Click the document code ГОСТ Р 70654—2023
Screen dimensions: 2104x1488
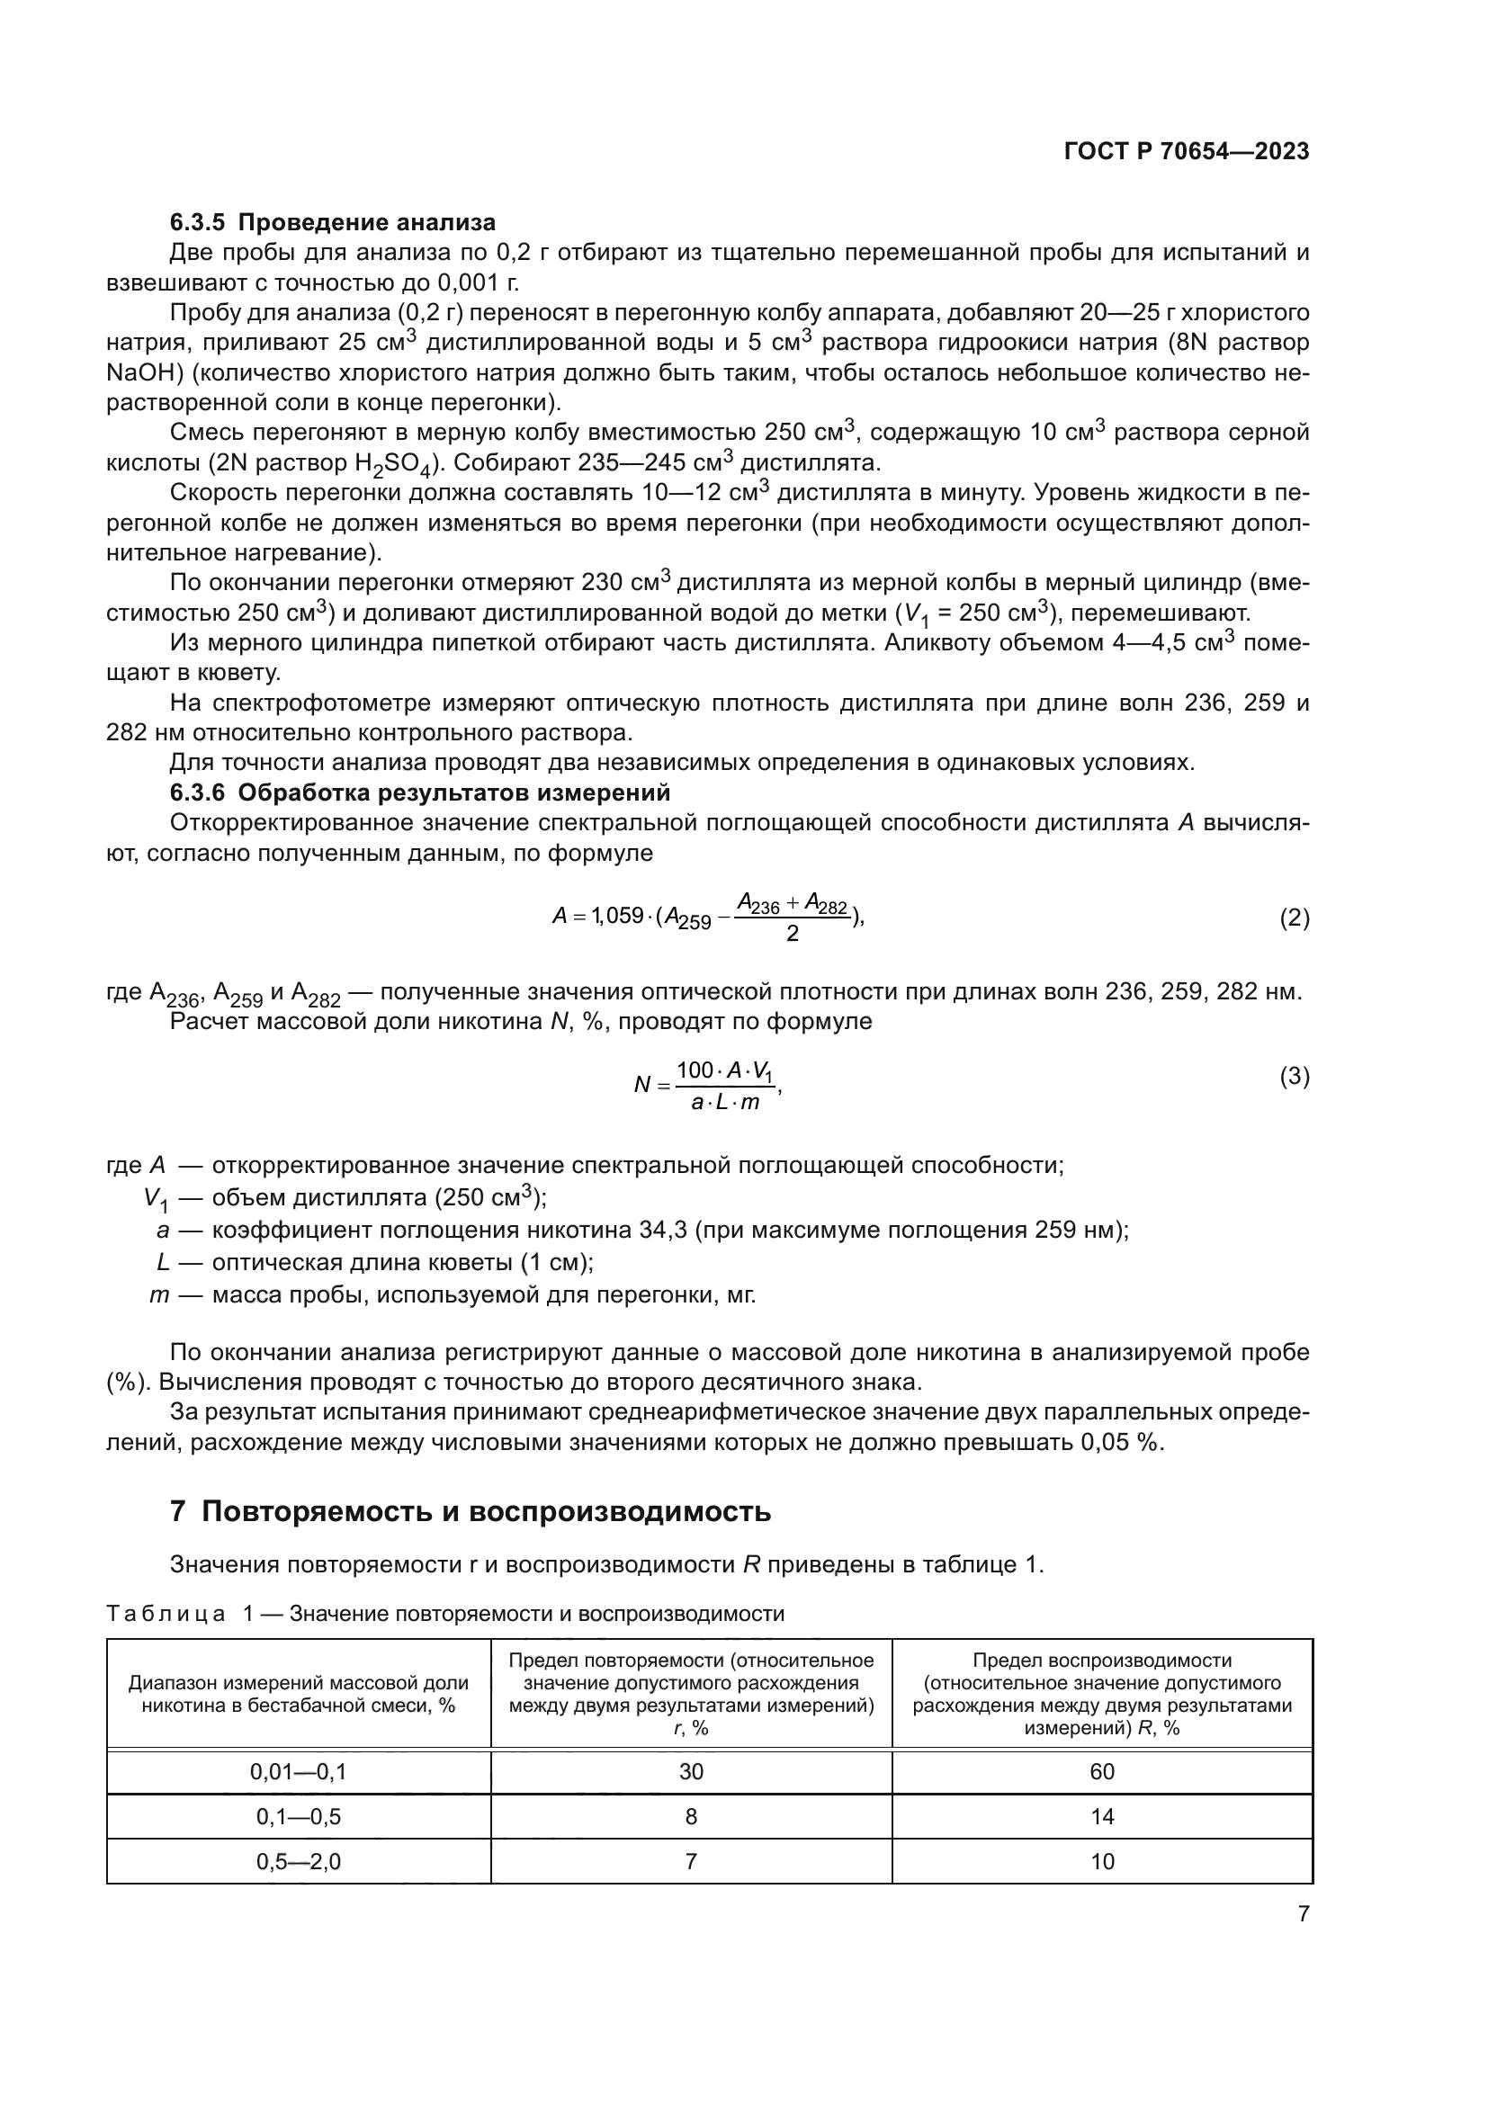coord(1187,152)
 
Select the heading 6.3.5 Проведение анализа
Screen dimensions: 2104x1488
coord(333,222)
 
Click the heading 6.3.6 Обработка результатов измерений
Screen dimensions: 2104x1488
coord(419,792)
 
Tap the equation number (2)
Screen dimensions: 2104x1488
coord(1294,918)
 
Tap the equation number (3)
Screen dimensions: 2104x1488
coord(1294,1076)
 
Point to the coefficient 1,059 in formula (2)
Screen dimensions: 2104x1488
coord(616,916)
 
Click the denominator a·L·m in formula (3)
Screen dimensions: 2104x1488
coord(725,1103)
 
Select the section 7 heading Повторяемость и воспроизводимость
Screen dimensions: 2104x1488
coord(470,1511)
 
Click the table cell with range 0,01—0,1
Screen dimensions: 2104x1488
coord(298,1771)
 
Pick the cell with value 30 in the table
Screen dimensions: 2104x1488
coord(691,1771)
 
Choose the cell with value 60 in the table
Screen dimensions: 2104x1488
coord(1101,1771)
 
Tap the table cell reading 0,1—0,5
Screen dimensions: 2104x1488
coord(298,1816)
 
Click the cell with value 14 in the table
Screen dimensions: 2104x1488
coord(1101,1816)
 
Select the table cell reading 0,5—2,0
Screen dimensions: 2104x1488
coord(298,1861)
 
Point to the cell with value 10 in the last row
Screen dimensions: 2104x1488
coord(1101,1861)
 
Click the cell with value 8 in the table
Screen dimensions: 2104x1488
coord(691,1816)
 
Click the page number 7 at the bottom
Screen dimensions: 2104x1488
coord(1303,1913)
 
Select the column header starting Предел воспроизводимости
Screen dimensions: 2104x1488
coord(1101,1694)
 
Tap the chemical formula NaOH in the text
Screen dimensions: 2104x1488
coord(137,372)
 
